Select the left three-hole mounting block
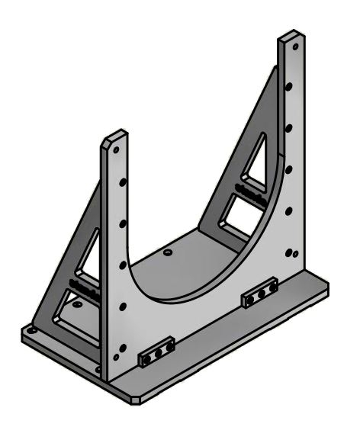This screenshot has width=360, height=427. point(156,351)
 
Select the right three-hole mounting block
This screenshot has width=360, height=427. point(259,295)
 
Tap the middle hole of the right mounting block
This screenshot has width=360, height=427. point(260,294)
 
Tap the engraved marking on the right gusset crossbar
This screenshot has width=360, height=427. point(246,188)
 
